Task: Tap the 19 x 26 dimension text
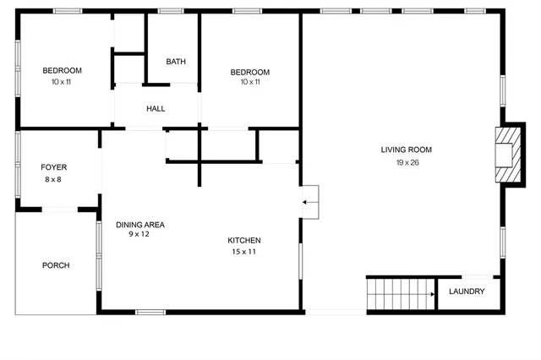407,162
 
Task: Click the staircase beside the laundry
400,295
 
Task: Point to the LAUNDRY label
467,292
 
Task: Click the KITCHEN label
243,240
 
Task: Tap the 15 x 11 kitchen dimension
243,252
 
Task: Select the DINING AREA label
140,225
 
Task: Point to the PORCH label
56,265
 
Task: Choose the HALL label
156,109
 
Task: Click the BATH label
176,62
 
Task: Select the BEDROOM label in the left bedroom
62,70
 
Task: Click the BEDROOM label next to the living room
250,72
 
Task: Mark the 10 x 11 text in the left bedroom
62,82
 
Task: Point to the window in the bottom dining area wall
150,312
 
